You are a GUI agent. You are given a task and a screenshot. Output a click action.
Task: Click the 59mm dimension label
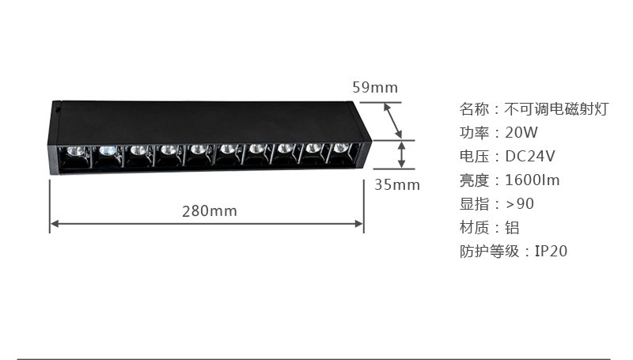point(375,88)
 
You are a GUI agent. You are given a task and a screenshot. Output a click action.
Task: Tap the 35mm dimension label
point(397,185)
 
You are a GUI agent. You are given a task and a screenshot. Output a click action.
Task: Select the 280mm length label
point(210,211)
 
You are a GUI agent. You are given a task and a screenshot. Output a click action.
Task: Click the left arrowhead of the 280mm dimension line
point(55,224)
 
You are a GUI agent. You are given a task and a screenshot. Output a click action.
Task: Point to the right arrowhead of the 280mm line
point(359,224)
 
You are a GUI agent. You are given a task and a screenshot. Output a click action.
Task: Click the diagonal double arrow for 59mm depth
point(392,121)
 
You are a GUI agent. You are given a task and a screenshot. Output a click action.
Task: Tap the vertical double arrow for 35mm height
point(401,154)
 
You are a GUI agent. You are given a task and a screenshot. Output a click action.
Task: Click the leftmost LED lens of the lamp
point(75,151)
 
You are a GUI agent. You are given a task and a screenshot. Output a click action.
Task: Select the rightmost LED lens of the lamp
point(340,148)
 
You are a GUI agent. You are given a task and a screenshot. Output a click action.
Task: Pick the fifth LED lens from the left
point(199,150)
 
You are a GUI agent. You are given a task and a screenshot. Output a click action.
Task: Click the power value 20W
point(521,133)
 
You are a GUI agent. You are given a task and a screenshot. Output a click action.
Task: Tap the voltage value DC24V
point(530,156)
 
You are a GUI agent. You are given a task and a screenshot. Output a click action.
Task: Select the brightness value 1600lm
point(533,180)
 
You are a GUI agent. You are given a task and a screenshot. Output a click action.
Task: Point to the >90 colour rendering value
point(520,204)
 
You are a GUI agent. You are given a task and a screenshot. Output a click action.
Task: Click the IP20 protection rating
point(551,252)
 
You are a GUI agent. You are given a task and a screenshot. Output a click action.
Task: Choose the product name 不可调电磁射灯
point(557,109)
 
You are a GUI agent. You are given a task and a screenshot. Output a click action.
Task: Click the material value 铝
point(512,228)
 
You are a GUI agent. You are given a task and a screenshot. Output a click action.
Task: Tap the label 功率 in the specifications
point(474,133)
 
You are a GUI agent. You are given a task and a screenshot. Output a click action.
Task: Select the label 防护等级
point(489,252)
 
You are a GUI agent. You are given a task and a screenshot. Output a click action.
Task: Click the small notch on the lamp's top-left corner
point(58,108)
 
